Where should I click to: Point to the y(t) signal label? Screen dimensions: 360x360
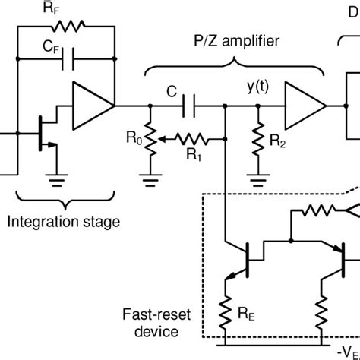point(256,89)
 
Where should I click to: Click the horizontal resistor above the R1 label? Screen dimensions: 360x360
point(195,139)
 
